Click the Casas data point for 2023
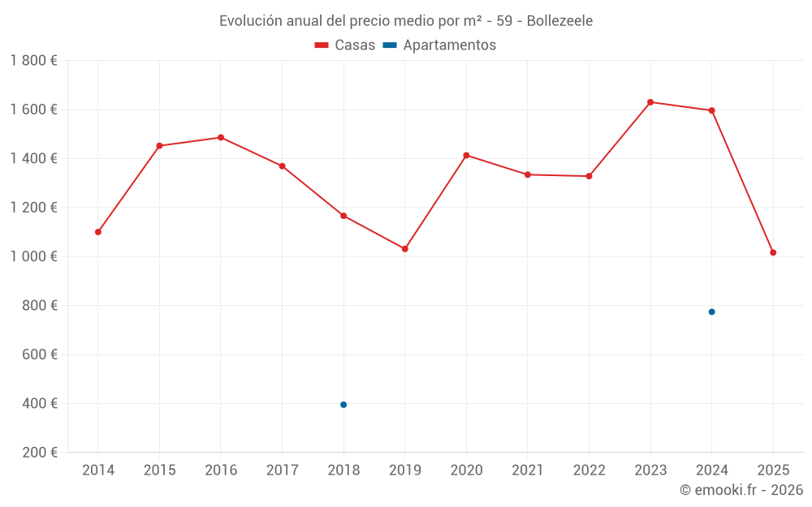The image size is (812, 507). (650, 102)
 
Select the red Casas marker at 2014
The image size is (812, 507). (98, 232)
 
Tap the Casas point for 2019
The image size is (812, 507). (405, 249)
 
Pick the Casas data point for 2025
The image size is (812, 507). (773, 252)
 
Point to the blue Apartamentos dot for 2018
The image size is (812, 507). (343, 405)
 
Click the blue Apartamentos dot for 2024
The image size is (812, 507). (711, 312)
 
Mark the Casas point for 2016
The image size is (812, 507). (221, 138)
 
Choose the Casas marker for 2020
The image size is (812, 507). (466, 155)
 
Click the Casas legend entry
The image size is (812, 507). (345, 45)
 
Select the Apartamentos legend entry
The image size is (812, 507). (439, 45)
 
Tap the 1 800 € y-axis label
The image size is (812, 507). (34, 61)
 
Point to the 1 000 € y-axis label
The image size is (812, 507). (34, 256)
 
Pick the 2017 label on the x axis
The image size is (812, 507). (282, 470)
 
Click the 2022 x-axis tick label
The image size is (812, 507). (589, 470)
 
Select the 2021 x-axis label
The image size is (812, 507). (528, 470)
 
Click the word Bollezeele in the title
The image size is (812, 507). (559, 20)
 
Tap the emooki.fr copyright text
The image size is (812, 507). (741, 490)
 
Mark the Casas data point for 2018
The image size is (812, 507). (343, 216)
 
